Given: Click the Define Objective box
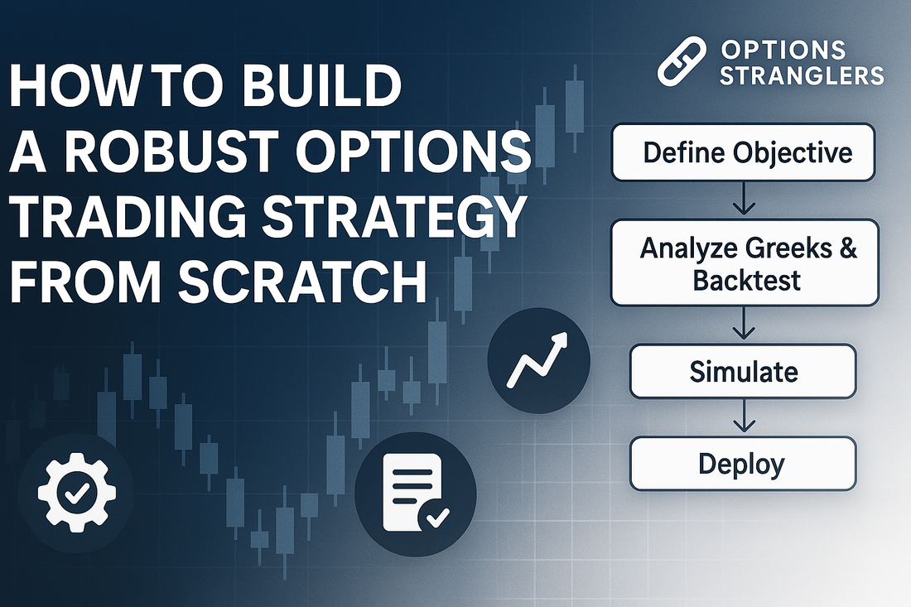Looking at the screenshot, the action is tap(743, 152).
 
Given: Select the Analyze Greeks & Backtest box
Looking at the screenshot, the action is tap(745, 263).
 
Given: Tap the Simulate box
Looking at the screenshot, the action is tap(743, 371).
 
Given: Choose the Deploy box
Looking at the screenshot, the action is tap(743, 464).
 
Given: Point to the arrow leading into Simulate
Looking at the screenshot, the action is tap(744, 324).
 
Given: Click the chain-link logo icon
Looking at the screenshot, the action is tap(682, 61).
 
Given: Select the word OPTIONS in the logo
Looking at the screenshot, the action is tap(783, 50).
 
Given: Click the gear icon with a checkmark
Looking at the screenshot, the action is tap(76, 494).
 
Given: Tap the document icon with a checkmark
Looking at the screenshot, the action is tap(416, 494).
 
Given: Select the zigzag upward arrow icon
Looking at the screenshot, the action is tap(537, 360).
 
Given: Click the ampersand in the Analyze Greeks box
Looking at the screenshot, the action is tap(848, 248).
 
